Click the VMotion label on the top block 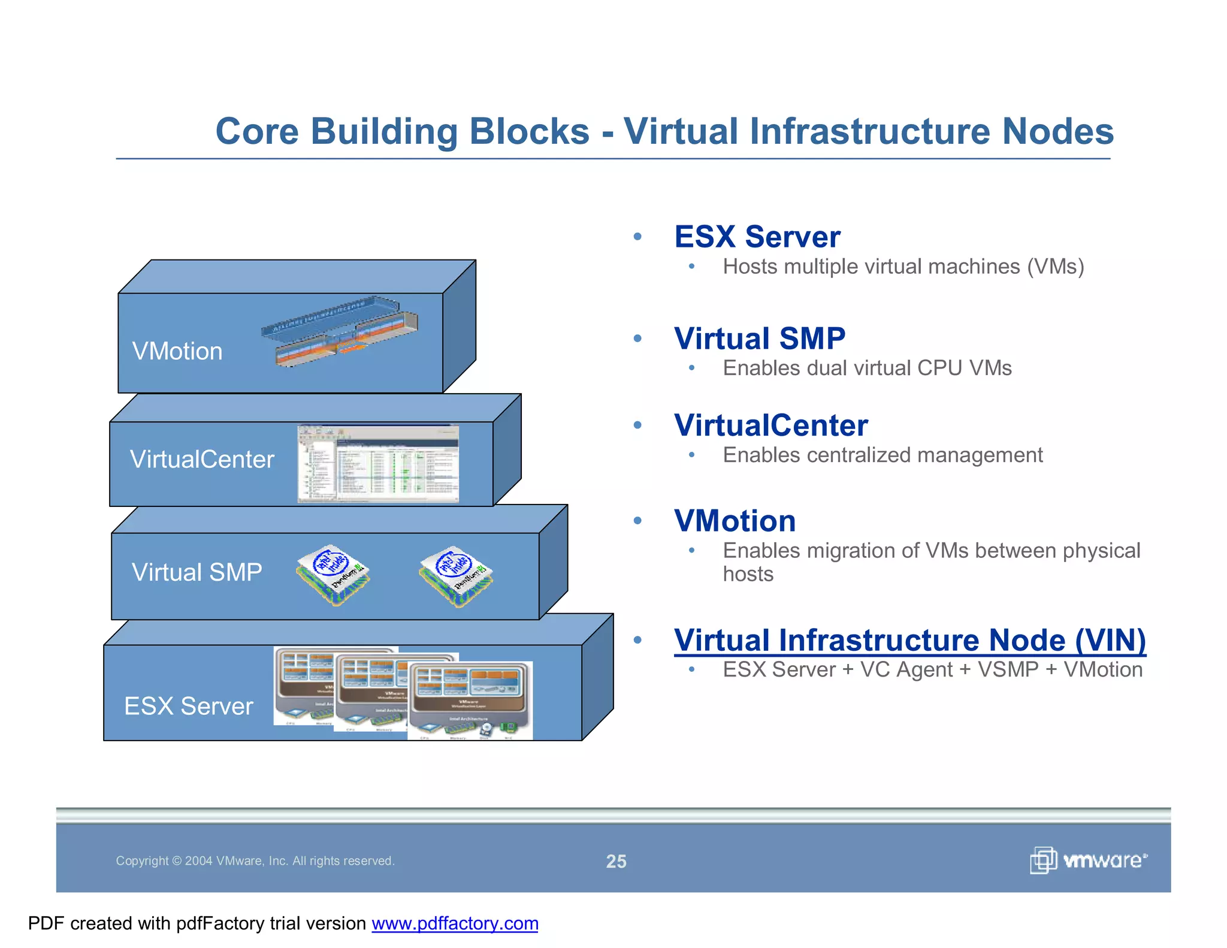pyautogui.click(x=177, y=351)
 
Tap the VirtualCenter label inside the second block pyautogui.click(x=202, y=460)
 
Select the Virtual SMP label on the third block pyautogui.click(x=197, y=572)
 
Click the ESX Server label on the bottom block pyautogui.click(x=188, y=706)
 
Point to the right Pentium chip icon pyautogui.click(x=456, y=576)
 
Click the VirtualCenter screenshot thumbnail pyautogui.click(x=378, y=464)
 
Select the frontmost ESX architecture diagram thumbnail pyautogui.click(x=470, y=700)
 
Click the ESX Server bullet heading pyautogui.click(x=757, y=237)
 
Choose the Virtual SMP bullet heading pyautogui.click(x=759, y=339)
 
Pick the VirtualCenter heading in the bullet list pyautogui.click(x=770, y=425)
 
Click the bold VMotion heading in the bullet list pyautogui.click(x=735, y=521)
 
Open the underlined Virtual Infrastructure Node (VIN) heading pyautogui.click(x=909, y=640)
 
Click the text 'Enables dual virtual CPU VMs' pyautogui.click(x=867, y=368)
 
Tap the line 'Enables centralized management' pyautogui.click(x=882, y=455)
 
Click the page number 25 pyautogui.click(x=616, y=861)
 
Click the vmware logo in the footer pyautogui.click(x=1088, y=861)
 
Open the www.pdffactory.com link pyautogui.click(x=455, y=923)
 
